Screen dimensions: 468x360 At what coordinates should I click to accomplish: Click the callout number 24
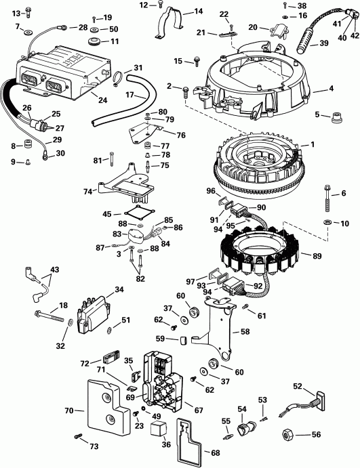pos(102,99)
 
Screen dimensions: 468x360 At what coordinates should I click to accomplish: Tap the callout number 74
pos(86,192)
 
